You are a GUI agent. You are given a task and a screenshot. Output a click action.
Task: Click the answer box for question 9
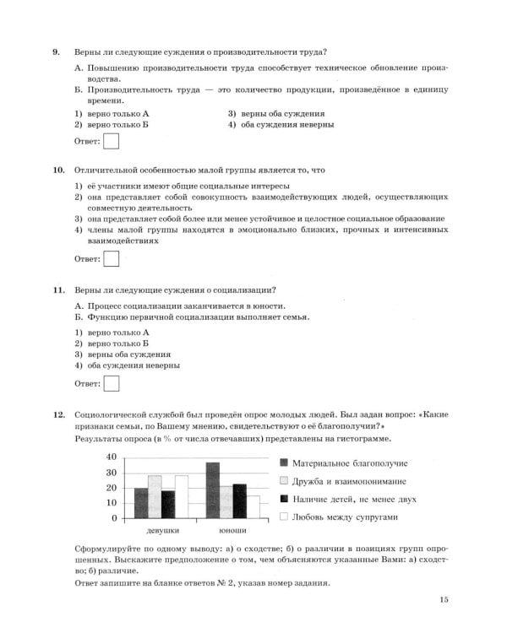click(110, 141)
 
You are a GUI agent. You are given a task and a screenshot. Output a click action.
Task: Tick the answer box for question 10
click(110, 258)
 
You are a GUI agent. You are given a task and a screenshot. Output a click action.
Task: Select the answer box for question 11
click(110, 384)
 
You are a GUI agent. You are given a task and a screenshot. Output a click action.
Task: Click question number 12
click(58, 415)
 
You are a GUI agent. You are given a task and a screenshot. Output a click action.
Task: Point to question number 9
click(56, 52)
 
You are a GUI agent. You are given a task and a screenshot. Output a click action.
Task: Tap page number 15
click(444, 600)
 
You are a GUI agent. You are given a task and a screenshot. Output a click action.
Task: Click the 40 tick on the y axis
click(112, 457)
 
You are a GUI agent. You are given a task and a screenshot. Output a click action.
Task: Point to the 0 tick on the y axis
click(114, 517)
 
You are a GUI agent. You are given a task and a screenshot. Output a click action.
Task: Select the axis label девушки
click(162, 531)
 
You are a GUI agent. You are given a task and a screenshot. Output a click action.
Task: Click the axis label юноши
click(232, 531)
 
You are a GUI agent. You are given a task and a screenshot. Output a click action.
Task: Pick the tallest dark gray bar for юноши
click(213, 490)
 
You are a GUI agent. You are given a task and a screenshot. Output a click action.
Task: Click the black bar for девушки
click(167, 504)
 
